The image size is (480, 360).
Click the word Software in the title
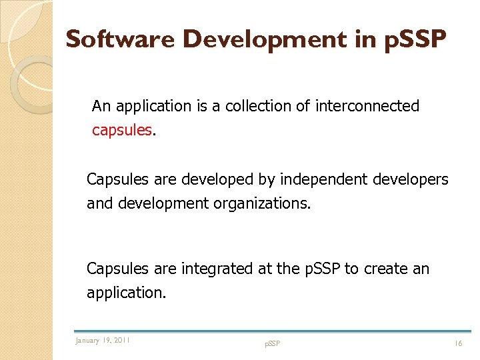[x=121, y=39]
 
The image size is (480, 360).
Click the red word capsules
[x=122, y=130]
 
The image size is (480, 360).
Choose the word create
[x=387, y=269]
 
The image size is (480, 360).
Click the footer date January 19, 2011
[x=103, y=341]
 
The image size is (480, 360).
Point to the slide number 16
[x=458, y=343]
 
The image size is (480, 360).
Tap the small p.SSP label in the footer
[x=273, y=343]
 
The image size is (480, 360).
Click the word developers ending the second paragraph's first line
[x=411, y=179]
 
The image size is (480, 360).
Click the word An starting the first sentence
[x=101, y=106]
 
